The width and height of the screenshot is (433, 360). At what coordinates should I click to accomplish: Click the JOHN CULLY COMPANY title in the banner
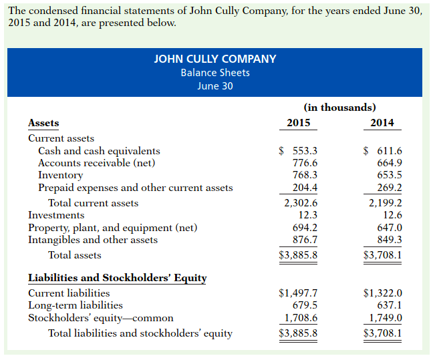click(215, 59)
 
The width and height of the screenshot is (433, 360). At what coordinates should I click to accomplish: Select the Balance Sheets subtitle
click(215, 72)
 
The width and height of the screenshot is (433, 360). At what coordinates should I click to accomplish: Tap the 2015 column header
click(298, 123)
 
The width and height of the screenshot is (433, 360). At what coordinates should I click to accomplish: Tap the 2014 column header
click(382, 123)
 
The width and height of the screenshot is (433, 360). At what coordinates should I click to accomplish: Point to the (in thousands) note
click(339, 107)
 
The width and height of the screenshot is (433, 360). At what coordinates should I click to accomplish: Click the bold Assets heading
click(43, 123)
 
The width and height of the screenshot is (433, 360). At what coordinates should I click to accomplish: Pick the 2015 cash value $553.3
click(298, 151)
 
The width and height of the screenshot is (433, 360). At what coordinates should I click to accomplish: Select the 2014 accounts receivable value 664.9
click(390, 163)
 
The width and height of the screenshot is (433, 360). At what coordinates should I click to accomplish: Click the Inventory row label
click(60, 175)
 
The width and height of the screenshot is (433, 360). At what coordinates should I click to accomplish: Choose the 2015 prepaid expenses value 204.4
click(305, 188)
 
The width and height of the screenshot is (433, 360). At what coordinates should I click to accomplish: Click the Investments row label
click(56, 215)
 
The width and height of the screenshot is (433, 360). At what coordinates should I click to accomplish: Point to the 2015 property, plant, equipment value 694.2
click(305, 228)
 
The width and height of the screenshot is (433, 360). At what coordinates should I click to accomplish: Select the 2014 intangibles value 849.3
click(390, 240)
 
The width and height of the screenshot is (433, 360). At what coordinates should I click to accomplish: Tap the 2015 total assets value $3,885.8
click(298, 255)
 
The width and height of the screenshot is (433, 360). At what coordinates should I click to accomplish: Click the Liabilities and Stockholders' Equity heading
click(117, 278)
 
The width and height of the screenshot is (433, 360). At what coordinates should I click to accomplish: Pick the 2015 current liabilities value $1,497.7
click(298, 293)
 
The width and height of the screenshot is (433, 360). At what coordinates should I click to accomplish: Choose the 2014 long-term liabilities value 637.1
click(390, 305)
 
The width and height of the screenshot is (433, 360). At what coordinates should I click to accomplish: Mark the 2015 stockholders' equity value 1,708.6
click(301, 318)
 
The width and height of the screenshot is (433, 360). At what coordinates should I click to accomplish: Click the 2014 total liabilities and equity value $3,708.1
click(382, 333)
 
